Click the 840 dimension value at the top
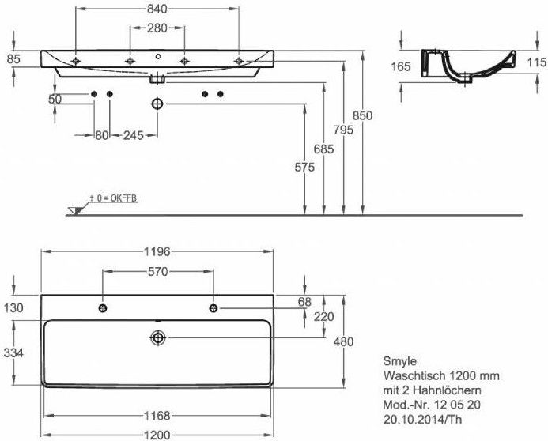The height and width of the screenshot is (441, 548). coord(157,9)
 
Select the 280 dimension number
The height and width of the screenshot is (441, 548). coord(157,28)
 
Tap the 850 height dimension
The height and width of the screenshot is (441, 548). coord(362,115)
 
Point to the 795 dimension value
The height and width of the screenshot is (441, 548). coord(343,130)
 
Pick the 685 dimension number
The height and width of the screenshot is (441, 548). coord(323,149)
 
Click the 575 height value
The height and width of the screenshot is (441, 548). coord(304,168)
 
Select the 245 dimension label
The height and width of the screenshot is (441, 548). coord(133,135)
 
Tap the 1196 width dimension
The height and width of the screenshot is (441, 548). coord(157,251)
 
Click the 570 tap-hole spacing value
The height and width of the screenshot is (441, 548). coord(158,271)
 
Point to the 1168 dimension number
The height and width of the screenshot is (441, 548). coord(157,416)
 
